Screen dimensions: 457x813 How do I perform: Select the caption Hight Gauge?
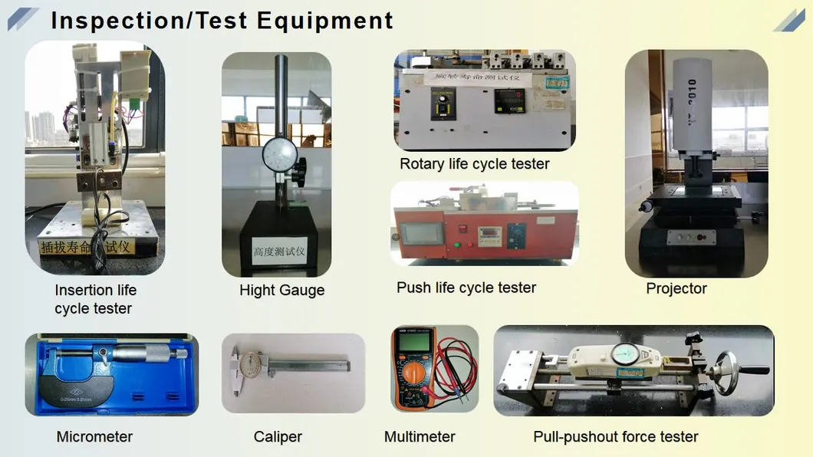click(x=281, y=290)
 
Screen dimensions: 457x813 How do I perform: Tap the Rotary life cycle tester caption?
click(x=474, y=164)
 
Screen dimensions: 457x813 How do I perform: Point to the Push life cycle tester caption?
click(x=466, y=288)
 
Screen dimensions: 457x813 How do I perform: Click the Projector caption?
click(x=676, y=288)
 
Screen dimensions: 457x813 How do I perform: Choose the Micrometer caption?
click(x=94, y=436)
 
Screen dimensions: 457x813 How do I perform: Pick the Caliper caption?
click(x=278, y=436)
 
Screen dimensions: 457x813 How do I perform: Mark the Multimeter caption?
click(x=419, y=436)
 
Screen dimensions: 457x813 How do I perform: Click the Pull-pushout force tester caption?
click(x=615, y=436)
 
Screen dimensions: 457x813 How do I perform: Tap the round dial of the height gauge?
click(x=279, y=156)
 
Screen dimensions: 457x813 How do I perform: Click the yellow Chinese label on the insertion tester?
click(x=87, y=247)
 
